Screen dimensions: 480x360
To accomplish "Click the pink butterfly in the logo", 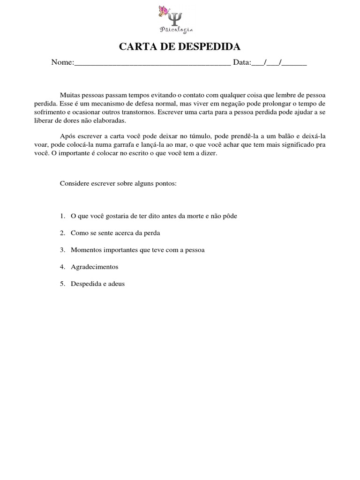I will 164,11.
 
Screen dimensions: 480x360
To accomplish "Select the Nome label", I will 62,63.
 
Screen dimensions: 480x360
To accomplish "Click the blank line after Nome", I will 152,64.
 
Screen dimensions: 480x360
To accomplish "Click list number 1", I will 62,216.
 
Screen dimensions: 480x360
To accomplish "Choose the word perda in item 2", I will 153,233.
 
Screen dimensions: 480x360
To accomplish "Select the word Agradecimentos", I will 94,267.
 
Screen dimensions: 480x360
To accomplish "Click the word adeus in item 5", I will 117,284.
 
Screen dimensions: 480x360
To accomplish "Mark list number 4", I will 62,267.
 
